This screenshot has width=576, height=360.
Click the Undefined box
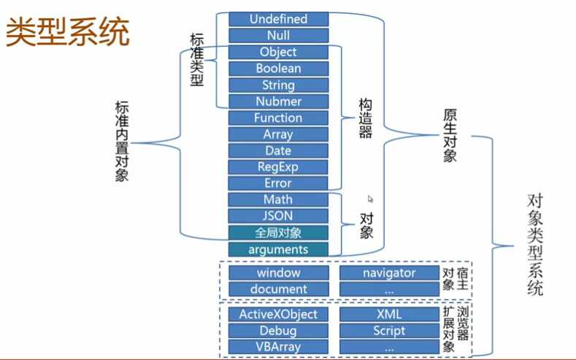(x=278, y=19)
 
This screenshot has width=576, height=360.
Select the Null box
(x=278, y=35)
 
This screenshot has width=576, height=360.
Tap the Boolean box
(x=278, y=68)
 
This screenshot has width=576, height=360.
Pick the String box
(x=278, y=85)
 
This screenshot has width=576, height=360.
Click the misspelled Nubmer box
(x=278, y=102)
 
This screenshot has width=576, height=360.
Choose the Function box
(x=278, y=118)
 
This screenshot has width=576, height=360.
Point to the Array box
(x=278, y=134)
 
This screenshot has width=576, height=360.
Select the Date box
(x=278, y=150)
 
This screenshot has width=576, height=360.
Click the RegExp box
(x=278, y=166)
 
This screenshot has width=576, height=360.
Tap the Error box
(x=278, y=183)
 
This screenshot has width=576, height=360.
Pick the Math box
(x=278, y=199)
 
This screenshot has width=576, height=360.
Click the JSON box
(x=278, y=216)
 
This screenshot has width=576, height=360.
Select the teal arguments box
(x=278, y=250)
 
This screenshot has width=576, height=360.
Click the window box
(x=278, y=272)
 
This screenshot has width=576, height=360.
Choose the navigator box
(x=389, y=272)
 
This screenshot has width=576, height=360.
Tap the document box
(x=278, y=289)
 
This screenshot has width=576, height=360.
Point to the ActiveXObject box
(x=278, y=314)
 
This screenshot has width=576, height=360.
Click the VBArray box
(x=278, y=347)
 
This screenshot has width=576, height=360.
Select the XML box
(x=389, y=314)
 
